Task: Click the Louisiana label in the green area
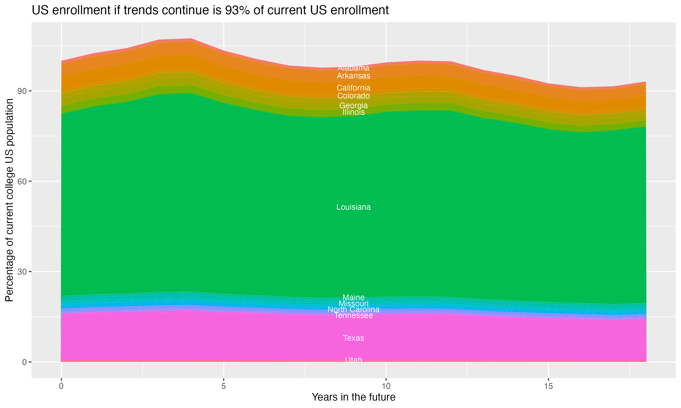point(353,207)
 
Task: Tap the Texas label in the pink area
point(353,338)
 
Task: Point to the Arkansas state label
point(353,76)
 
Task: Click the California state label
point(353,88)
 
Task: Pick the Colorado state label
point(353,96)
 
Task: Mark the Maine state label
point(353,297)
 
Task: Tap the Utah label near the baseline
point(353,360)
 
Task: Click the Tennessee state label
point(353,316)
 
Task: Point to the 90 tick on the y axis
point(22,91)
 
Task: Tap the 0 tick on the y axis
point(24,362)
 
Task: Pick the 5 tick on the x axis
point(224,386)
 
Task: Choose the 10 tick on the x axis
point(386,386)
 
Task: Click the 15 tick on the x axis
point(548,386)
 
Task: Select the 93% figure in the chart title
point(236,10)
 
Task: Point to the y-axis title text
point(9,200)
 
